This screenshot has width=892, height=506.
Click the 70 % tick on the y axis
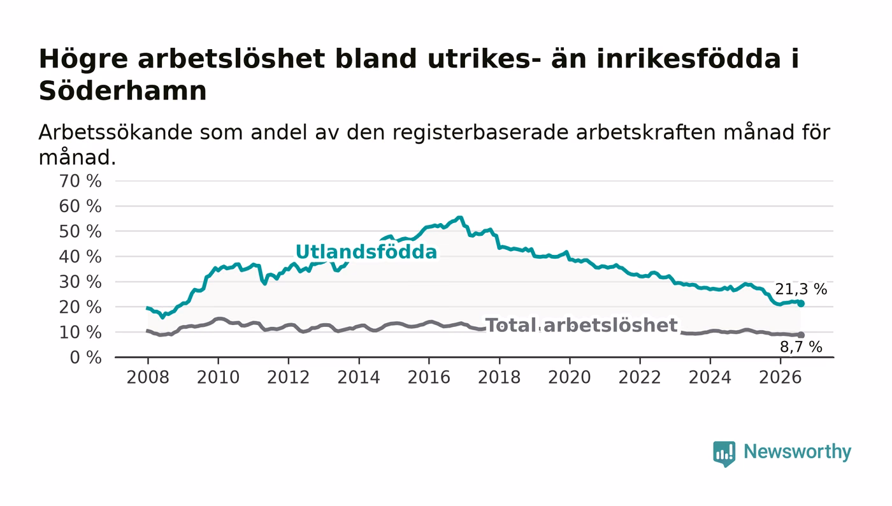80,181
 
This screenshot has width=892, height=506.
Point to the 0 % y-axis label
85,358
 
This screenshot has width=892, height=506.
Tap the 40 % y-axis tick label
80,257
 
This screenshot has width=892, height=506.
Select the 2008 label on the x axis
148,377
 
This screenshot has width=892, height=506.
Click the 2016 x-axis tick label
429,377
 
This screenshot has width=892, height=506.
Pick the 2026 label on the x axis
780,377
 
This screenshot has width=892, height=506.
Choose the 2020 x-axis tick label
570,377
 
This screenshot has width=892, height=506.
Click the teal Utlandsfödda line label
366,252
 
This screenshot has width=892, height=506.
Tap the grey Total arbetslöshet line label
581,326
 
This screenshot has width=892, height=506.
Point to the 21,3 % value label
801,289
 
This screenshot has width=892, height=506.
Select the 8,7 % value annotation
801,347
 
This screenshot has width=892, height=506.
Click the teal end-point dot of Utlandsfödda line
801,303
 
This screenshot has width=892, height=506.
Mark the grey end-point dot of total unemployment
801,335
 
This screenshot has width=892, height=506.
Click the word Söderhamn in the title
122,91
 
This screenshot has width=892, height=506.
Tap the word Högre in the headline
83,60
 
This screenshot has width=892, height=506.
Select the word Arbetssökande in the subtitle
115,133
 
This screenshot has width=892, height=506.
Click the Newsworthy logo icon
724,453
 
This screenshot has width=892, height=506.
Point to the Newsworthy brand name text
797,452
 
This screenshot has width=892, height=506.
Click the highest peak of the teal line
460,217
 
